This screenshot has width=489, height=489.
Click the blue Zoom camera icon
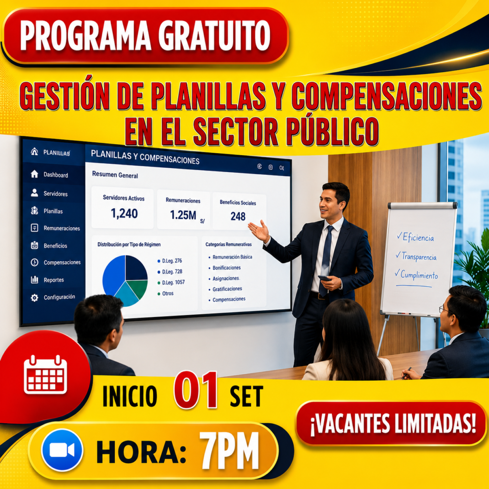(x=62, y=450)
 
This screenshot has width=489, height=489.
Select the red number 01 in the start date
(x=196, y=390)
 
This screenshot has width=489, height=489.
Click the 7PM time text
(x=230, y=450)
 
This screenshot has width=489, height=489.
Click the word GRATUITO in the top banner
(x=214, y=35)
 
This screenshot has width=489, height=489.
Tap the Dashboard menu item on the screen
(x=55, y=175)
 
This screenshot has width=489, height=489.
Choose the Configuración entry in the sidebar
(x=59, y=297)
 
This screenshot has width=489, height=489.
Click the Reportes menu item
(x=53, y=280)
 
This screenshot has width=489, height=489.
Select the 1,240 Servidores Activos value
(x=124, y=213)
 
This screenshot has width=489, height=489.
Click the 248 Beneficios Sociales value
(x=238, y=216)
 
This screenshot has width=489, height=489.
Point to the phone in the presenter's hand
(x=324, y=278)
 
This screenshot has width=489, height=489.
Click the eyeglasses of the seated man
(x=444, y=309)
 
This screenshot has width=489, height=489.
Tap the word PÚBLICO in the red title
(x=332, y=131)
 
